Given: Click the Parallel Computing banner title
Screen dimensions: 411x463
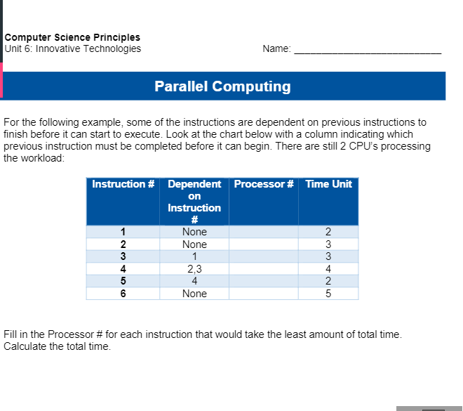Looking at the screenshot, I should [x=222, y=86].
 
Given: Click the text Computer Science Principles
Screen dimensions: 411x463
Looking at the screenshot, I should [x=72, y=37].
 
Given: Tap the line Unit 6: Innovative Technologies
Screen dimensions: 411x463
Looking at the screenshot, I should [x=72, y=48].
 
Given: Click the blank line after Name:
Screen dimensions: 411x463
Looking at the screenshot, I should [x=368, y=50].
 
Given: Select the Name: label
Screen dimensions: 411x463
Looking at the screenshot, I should [x=276, y=49].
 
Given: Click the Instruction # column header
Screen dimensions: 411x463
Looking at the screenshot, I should [x=123, y=184].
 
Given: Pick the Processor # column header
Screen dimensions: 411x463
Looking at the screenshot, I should [x=263, y=184].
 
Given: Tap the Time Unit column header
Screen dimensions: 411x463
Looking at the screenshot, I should [x=328, y=184].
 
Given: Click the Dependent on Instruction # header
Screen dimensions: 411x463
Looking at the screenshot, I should [x=194, y=201].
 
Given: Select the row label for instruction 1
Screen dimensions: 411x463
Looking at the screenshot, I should [x=123, y=232].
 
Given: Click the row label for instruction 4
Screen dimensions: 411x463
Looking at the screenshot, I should [x=123, y=268].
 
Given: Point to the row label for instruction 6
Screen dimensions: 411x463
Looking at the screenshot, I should [x=123, y=294].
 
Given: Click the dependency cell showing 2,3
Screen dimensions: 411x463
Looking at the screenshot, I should [x=194, y=268].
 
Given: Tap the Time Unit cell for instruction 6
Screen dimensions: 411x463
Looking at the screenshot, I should [x=328, y=294].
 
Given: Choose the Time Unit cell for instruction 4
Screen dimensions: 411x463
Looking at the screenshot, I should [x=328, y=268].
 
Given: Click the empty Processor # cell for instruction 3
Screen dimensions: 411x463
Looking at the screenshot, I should [x=263, y=256].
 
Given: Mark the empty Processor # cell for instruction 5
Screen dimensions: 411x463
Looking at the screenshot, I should [x=263, y=281].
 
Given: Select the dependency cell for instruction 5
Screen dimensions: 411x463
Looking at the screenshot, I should [x=194, y=281].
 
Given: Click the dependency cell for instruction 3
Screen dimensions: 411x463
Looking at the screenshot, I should [x=194, y=256].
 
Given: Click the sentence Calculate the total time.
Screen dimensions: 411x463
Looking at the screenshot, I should [x=58, y=346].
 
